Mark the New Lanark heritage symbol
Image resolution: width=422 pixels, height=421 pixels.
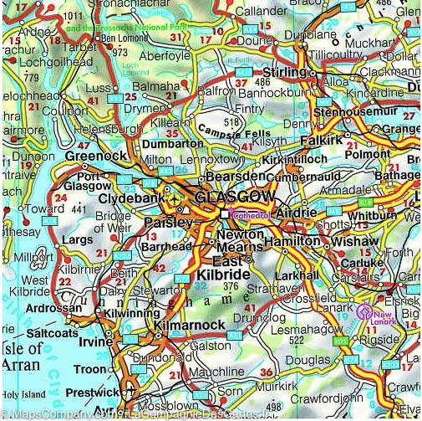(366, 313)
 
